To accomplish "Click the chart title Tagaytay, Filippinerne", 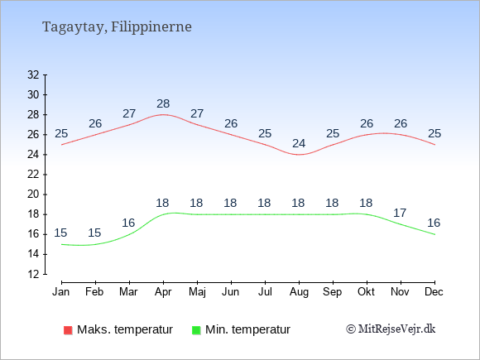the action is pyautogui.click(x=117, y=27).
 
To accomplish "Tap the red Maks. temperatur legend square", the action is pyautogui.click(x=68, y=330).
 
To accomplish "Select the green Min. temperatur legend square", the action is pyautogui.click(x=196, y=330).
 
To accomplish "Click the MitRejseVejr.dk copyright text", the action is pyautogui.click(x=391, y=329).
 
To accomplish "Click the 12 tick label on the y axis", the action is pyautogui.click(x=33, y=274).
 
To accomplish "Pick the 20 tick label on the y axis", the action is pyautogui.click(x=33, y=194).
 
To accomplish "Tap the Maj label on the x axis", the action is pyautogui.click(x=197, y=292).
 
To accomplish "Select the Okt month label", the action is pyautogui.click(x=366, y=292).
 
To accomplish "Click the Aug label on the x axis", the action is pyautogui.click(x=299, y=292).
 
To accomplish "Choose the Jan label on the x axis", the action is pyautogui.click(x=61, y=292).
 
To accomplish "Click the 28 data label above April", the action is pyautogui.click(x=163, y=103).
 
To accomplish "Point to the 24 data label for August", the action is pyautogui.click(x=299, y=143).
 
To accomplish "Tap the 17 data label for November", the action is pyautogui.click(x=400, y=213).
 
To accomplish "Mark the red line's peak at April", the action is pyautogui.click(x=163, y=115).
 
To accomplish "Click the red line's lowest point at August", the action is pyautogui.click(x=299, y=155).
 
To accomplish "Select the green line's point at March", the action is pyautogui.click(x=129, y=234).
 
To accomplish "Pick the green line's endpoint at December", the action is pyautogui.click(x=434, y=234).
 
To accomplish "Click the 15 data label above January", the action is pyautogui.click(x=60, y=233).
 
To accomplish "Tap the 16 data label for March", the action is pyautogui.click(x=128, y=223).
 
